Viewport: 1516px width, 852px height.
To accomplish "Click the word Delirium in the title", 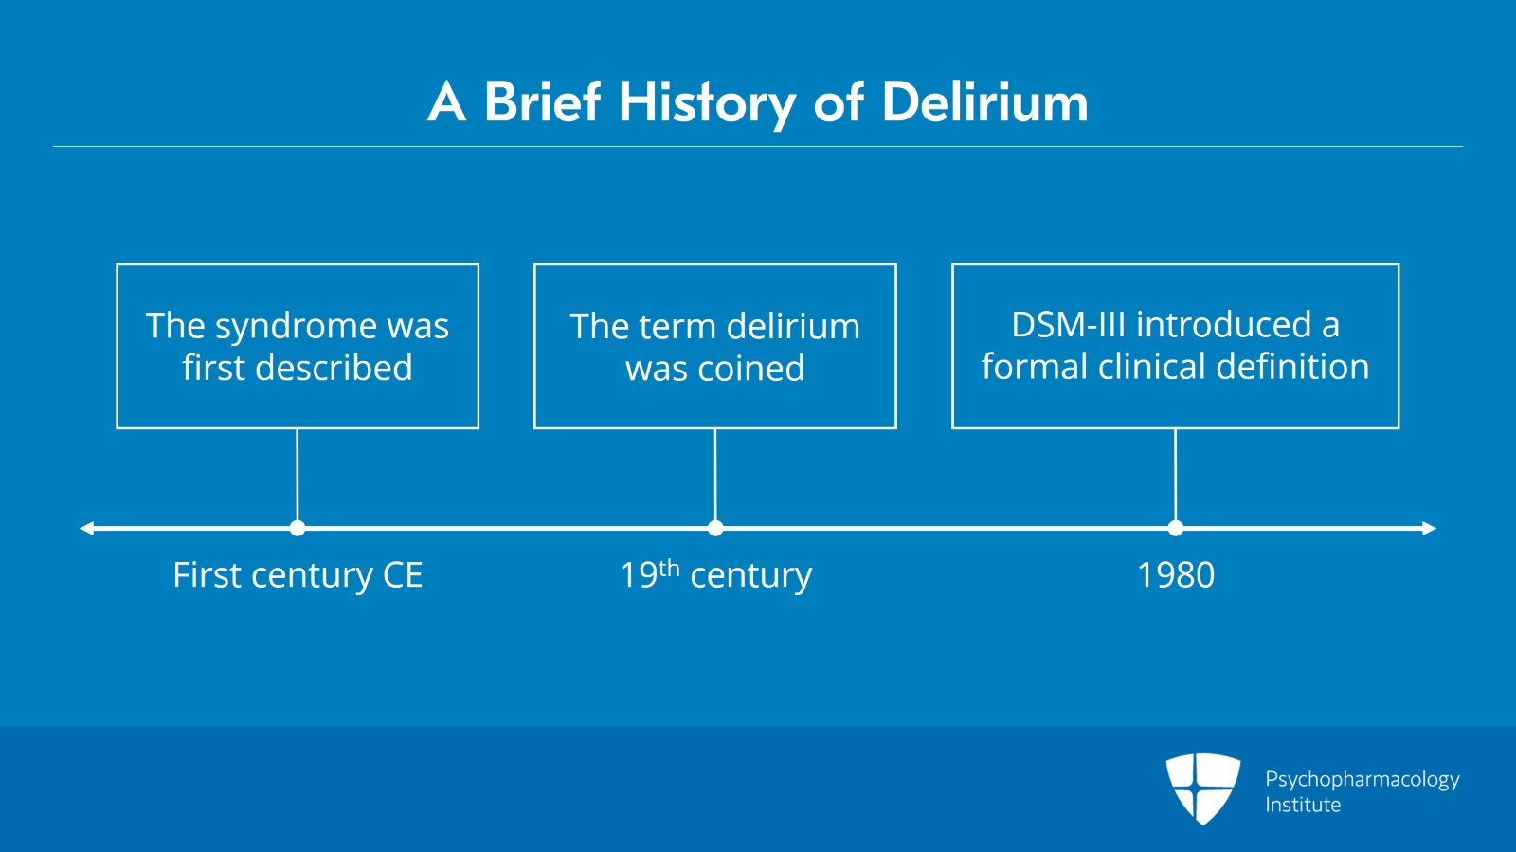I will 985,101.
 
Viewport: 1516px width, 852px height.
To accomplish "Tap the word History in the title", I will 707,101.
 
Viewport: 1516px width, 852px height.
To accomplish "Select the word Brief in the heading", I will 542,101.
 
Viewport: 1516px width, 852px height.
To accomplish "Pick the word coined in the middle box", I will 750,369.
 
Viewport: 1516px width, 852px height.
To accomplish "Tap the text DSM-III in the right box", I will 1068,325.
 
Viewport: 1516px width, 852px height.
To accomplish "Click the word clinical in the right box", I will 1151,367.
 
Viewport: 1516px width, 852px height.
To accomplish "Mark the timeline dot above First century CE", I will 298,528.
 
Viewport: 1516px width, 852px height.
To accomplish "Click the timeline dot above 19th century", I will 715,528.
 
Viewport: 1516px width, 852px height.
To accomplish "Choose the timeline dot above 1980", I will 1176,528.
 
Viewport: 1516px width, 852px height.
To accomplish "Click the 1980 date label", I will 1176,575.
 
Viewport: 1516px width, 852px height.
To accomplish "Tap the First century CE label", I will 298,575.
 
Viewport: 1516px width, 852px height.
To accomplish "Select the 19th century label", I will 715,575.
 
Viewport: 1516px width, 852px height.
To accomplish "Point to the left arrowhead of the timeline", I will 87,528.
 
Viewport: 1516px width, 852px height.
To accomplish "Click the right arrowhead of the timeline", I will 1429,528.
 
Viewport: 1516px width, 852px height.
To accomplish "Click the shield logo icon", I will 1202,788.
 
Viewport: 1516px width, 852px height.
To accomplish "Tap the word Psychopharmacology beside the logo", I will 1362,779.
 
